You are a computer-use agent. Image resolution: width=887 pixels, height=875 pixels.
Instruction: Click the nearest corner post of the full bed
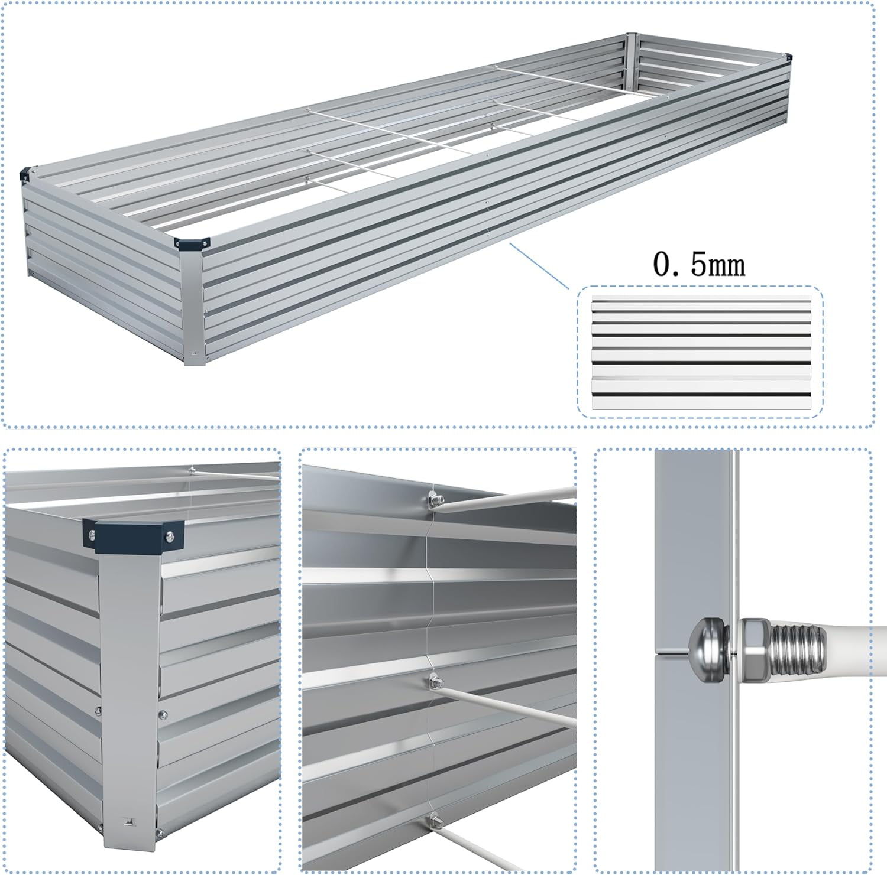coord(192,304)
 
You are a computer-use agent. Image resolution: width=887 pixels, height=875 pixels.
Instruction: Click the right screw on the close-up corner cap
coord(170,536)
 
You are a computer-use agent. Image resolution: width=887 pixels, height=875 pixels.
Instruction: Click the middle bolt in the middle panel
coord(434,683)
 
